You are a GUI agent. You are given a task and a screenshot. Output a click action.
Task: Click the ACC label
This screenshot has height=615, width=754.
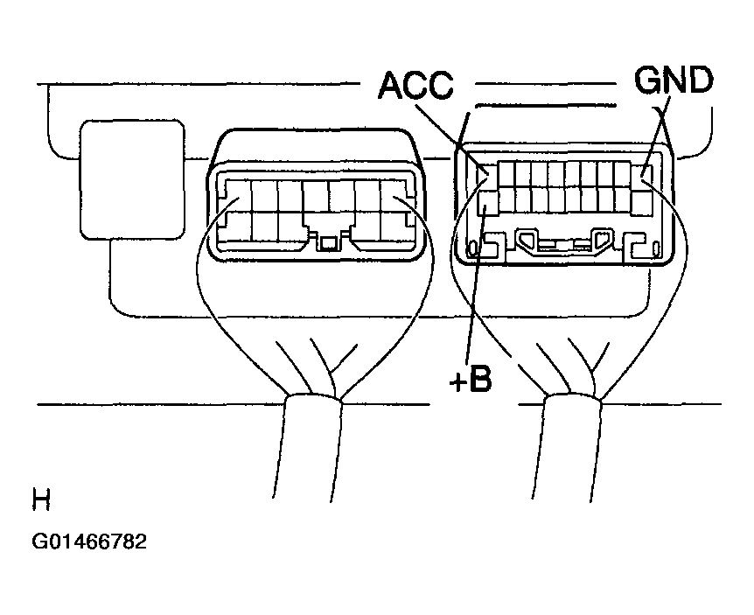point(416,86)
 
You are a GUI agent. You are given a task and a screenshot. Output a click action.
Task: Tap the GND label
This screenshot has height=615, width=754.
point(674,80)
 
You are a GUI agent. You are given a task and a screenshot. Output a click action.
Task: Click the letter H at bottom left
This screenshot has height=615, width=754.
point(41,500)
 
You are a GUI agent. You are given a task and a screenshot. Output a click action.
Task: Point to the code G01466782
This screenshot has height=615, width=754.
point(89,542)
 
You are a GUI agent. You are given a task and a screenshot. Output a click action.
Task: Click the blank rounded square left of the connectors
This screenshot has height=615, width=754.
point(132,180)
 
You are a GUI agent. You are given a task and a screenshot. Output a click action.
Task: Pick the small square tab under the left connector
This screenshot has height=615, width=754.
point(328,244)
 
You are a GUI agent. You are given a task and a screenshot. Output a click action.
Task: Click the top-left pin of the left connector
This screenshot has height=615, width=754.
point(238,196)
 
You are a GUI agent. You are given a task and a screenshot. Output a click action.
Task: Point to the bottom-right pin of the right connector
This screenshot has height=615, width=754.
point(641,204)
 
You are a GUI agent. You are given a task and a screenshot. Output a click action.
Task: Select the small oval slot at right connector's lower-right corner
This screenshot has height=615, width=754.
point(656,249)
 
